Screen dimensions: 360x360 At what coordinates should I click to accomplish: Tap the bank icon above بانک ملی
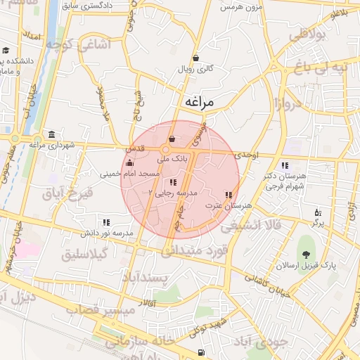[x=173, y=139]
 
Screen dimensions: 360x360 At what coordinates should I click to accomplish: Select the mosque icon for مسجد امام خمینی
[x=128, y=164]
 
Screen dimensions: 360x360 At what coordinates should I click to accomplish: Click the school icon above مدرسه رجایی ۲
[x=173, y=182]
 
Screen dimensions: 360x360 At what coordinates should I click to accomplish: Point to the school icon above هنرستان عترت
[x=228, y=195]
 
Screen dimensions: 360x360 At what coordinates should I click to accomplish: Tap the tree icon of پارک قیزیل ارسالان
[x=306, y=256]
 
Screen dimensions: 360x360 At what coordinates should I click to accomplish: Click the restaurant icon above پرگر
[x=318, y=212]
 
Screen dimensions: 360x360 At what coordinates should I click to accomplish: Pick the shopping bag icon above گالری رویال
[x=195, y=58]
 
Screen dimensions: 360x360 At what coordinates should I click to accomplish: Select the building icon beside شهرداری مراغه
[x=51, y=134]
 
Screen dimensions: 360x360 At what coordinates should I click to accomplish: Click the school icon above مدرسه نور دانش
[x=106, y=222]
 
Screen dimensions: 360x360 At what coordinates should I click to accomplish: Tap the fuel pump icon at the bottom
[x=202, y=352]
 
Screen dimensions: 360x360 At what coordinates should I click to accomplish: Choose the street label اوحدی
[x=248, y=155]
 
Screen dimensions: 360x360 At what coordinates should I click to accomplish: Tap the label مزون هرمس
[x=240, y=8]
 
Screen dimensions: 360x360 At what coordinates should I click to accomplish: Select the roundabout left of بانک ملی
[x=166, y=150]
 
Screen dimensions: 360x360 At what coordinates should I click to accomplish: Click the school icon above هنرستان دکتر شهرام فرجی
[x=285, y=165]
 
